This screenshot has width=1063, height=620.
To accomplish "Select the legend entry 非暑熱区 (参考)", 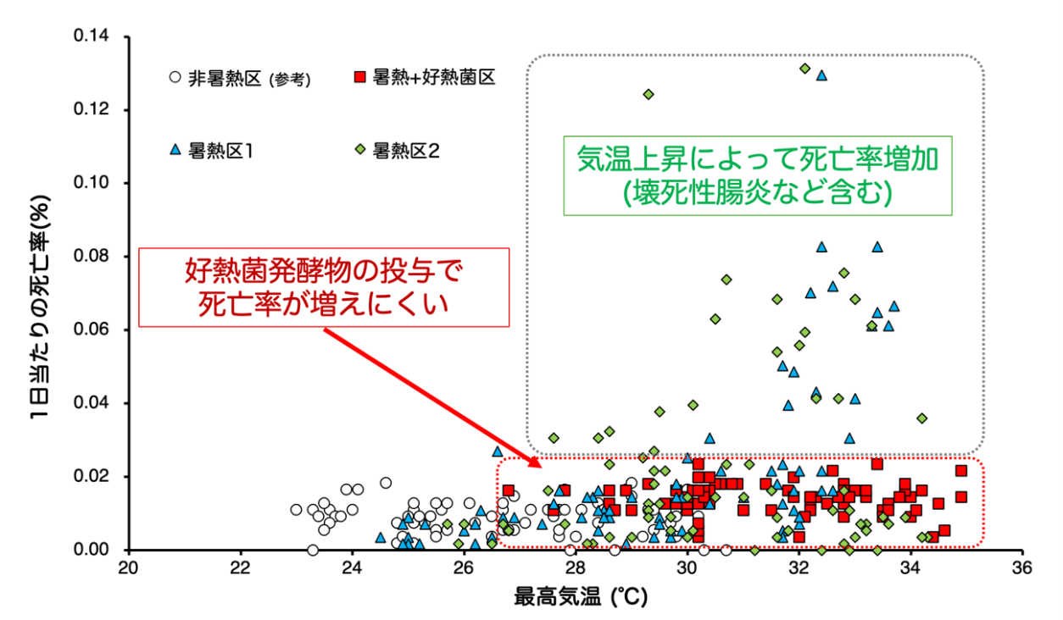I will [240, 79].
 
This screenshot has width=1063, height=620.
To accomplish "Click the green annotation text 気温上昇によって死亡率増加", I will [760, 157].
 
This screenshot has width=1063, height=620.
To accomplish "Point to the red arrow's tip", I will [540, 466].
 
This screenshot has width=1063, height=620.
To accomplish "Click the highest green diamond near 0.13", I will [805, 69].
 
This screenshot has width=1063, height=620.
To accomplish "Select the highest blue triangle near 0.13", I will [821, 75].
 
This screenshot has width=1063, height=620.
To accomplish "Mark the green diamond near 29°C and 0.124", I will [648, 94].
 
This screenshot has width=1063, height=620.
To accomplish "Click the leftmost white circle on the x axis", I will [313, 550].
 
